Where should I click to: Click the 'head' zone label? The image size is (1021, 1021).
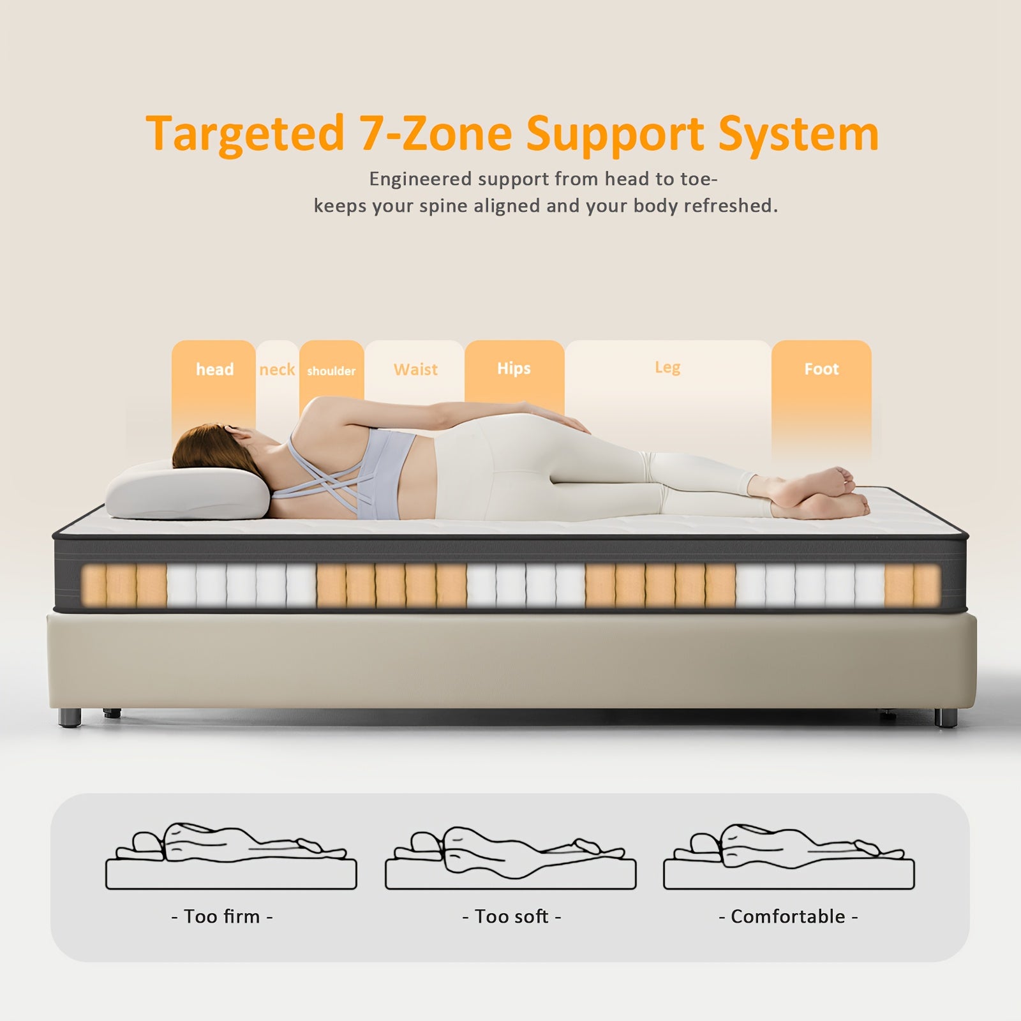point(214,369)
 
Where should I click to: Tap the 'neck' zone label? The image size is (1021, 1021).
point(277,369)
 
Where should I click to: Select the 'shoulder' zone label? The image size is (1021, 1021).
point(331,371)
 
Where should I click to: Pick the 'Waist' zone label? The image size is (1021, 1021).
point(415,369)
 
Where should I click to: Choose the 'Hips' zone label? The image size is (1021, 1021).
point(514,369)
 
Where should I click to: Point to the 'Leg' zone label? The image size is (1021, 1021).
point(667,368)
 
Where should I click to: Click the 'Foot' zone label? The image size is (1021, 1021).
point(821,369)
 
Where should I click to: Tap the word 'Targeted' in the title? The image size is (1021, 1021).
point(245,135)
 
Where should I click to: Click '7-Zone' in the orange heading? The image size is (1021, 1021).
point(434,133)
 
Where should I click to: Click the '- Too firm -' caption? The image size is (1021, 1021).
point(222,916)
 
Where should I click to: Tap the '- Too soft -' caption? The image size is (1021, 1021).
point(511,916)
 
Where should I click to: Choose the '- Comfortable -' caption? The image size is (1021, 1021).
point(788,916)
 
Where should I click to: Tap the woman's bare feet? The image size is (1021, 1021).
point(823,491)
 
